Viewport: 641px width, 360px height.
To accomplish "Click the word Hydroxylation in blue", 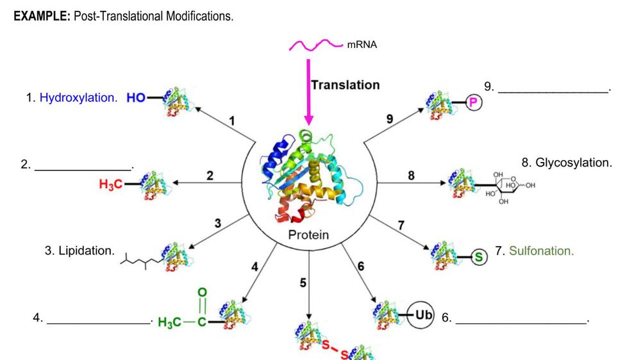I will (x=78, y=98).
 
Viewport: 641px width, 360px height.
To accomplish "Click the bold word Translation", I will (x=345, y=85).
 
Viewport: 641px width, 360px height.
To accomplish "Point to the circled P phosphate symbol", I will (x=474, y=102).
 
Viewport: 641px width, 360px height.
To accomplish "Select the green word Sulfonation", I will (x=541, y=251).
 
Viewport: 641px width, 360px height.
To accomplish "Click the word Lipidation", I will (x=86, y=250).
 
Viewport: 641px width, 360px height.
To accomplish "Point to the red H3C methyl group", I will (x=110, y=184).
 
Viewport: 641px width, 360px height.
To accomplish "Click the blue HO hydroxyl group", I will (x=136, y=98).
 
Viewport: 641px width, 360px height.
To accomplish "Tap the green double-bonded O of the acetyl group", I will (x=203, y=293).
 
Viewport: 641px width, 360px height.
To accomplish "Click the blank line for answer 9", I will (x=553, y=92).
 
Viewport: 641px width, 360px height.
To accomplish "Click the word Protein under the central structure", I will (x=308, y=234).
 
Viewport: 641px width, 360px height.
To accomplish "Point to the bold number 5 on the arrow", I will (x=303, y=281).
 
